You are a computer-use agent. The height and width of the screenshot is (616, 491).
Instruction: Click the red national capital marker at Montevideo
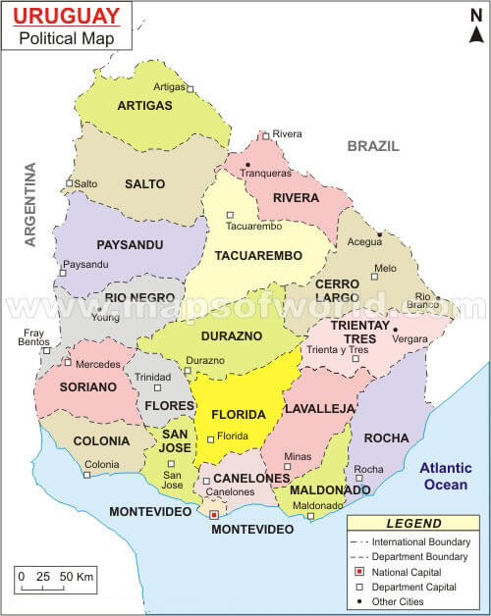(214, 513)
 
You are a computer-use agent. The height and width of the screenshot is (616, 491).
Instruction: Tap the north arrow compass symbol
(476, 30)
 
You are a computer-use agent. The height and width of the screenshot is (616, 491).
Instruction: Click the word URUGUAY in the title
(69, 17)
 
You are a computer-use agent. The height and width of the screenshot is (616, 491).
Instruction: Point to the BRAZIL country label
(373, 145)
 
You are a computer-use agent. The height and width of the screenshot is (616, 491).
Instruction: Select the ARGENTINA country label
(30, 204)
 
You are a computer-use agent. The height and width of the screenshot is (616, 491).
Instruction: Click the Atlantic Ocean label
(447, 477)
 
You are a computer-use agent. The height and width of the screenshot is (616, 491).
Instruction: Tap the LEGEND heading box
(413, 524)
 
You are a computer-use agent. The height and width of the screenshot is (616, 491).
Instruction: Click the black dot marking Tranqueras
(249, 164)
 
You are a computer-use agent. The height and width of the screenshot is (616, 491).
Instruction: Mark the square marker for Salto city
(69, 183)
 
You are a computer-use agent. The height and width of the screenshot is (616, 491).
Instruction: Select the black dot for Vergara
(395, 329)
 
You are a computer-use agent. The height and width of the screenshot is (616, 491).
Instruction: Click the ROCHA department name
(385, 438)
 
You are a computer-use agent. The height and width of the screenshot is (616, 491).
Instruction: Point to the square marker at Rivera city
(265, 135)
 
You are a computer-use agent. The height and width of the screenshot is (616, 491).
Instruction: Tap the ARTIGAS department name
(144, 105)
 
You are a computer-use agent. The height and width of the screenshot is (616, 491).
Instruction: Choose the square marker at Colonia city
(86, 475)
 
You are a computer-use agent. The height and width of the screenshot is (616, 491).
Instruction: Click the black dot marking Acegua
(379, 233)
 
